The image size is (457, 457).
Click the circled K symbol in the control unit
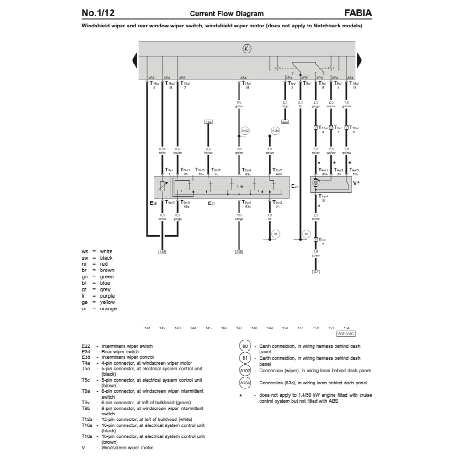(247, 49)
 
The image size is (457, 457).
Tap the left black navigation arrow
(135, 60)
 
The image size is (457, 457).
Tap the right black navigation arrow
(359, 60)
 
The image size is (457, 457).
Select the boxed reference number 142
(208, 122)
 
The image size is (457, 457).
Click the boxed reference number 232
(285, 122)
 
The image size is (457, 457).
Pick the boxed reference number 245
(239, 252)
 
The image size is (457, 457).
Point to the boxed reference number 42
(315, 272)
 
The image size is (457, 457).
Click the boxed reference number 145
(163, 252)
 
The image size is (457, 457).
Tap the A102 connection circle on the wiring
(244, 131)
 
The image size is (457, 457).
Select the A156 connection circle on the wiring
(275, 131)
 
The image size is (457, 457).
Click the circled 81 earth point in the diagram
(275, 234)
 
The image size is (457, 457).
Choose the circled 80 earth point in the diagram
(306, 234)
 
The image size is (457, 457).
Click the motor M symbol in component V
(315, 183)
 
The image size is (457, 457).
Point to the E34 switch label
(295, 186)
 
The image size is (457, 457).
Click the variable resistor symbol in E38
(163, 186)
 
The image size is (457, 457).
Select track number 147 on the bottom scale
(239, 328)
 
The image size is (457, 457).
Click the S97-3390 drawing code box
(345, 334)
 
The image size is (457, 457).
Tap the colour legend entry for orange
(108, 308)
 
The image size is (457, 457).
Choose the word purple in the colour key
(107, 296)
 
